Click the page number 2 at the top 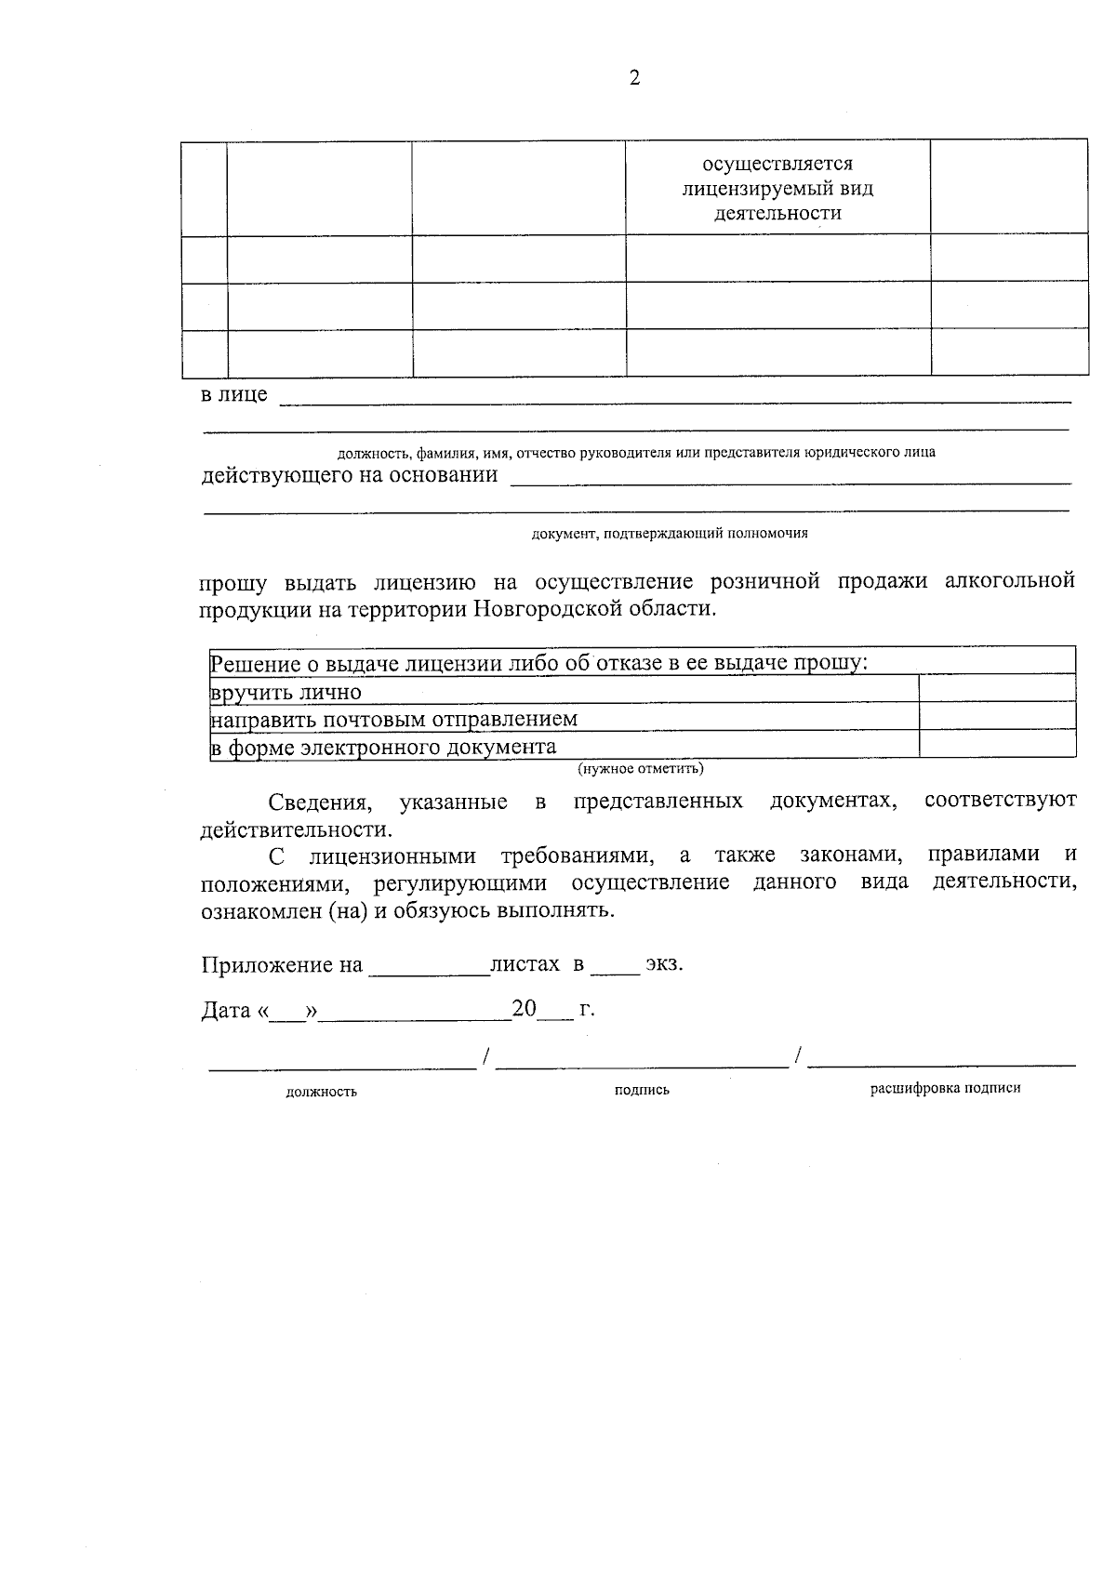point(634,79)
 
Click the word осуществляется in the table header point(777,165)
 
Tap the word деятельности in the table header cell point(777,214)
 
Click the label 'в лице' point(234,394)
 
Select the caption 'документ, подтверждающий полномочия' point(670,534)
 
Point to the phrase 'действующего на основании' point(350,476)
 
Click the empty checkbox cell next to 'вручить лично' point(996,689)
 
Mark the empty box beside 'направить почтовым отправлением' point(996,716)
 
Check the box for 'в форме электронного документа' point(996,744)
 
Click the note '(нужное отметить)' point(641,769)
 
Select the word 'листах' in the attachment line point(525,964)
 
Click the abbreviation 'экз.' point(664,964)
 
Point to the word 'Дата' point(225,1010)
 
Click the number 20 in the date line point(524,1009)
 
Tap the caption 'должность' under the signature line point(321,1092)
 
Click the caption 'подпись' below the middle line point(642,1090)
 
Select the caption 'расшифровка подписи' point(945,1088)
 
